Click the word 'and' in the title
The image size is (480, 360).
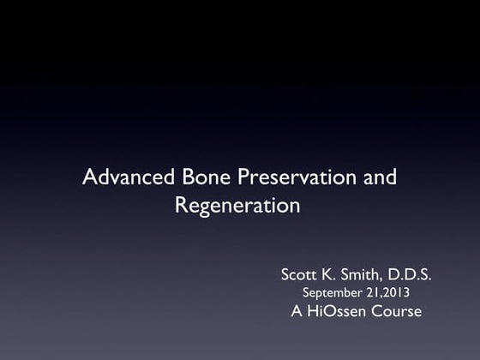tap(378, 179)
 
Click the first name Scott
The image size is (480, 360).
tap(301, 275)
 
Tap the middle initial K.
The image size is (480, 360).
tap(334, 275)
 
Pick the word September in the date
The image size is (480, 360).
tap(333, 294)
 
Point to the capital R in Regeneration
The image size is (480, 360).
tap(181, 206)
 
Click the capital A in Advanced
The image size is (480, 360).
tap(87, 179)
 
